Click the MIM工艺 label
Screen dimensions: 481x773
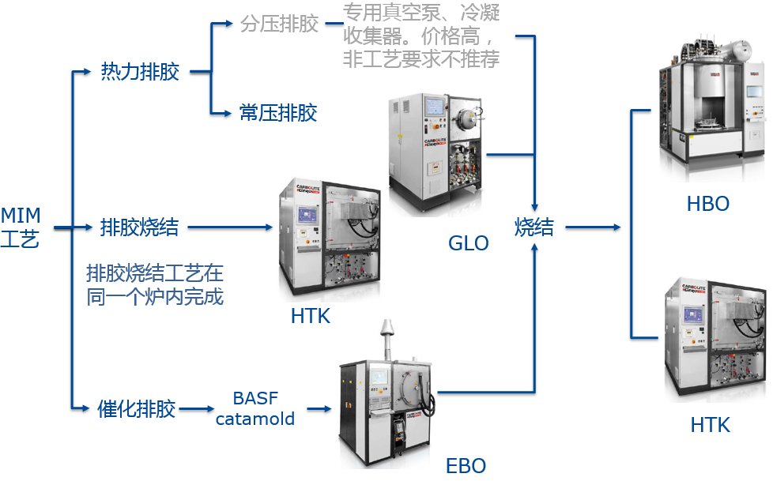(21, 227)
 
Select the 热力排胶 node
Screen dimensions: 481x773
(140, 73)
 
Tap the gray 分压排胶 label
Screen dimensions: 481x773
(279, 24)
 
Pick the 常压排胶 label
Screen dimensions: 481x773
(278, 113)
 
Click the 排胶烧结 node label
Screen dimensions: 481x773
(140, 227)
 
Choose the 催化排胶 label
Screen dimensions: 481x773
(136, 409)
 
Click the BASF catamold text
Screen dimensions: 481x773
(255, 408)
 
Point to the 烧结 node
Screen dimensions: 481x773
(534, 227)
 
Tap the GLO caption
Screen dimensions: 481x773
(469, 243)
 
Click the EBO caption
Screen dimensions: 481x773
(466, 464)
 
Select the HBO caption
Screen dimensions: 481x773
(707, 205)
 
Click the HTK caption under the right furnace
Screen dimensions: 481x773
(710, 425)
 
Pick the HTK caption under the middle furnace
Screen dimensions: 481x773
(310, 317)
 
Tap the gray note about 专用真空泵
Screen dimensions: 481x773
(421, 36)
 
